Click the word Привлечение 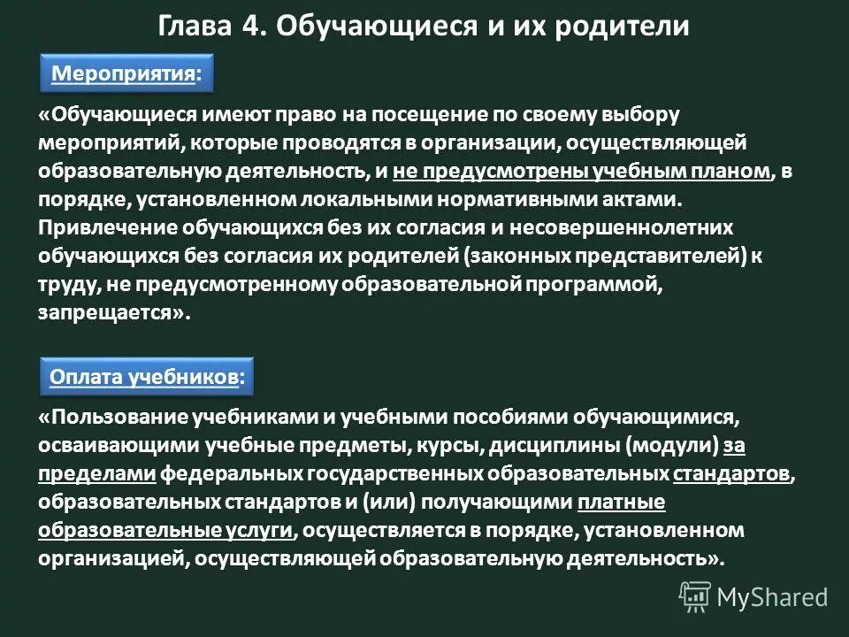tap(107, 227)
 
